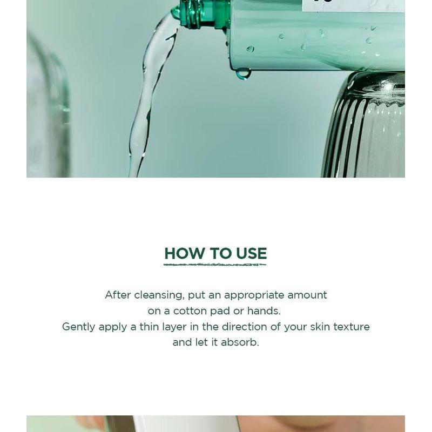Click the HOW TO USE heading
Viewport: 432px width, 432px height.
[x=215, y=253]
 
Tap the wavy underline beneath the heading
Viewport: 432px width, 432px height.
[x=215, y=265]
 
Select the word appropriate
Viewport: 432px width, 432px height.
[x=254, y=295]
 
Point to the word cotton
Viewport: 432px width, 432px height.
[x=192, y=311]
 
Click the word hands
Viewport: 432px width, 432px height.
[x=264, y=311]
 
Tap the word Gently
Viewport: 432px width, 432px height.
[x=78, y=327]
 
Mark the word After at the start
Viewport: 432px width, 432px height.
[x=118, y=295]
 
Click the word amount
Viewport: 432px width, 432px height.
[x=307, y=295]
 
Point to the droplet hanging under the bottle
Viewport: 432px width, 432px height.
[x=243, y=73]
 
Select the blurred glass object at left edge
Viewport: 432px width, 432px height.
[x=46, y=108]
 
